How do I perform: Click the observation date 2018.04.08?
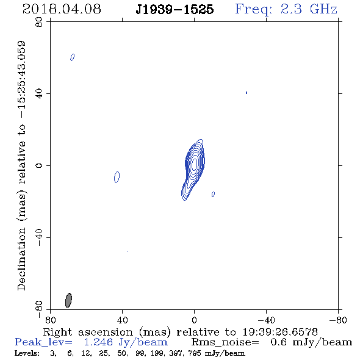pos(62,9)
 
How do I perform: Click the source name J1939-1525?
pos(175,10)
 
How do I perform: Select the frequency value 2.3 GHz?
pos(309,9)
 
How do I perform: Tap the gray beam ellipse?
pos(68,300)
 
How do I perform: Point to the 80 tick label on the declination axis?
pos(39,22)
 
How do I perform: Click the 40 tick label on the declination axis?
pos(39,94)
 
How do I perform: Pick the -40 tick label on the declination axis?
pos(39,237)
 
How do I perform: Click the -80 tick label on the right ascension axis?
pos(338,320)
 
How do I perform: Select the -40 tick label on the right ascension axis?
pos(266,320)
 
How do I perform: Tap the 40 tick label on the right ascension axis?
pos(123,320)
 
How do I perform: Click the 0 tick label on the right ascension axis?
pos(194,320)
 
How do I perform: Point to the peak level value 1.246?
pos(98,342)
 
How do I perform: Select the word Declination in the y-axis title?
pos(21,259)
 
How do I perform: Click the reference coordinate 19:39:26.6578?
pos(280,332)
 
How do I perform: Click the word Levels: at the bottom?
pos(27,353)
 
